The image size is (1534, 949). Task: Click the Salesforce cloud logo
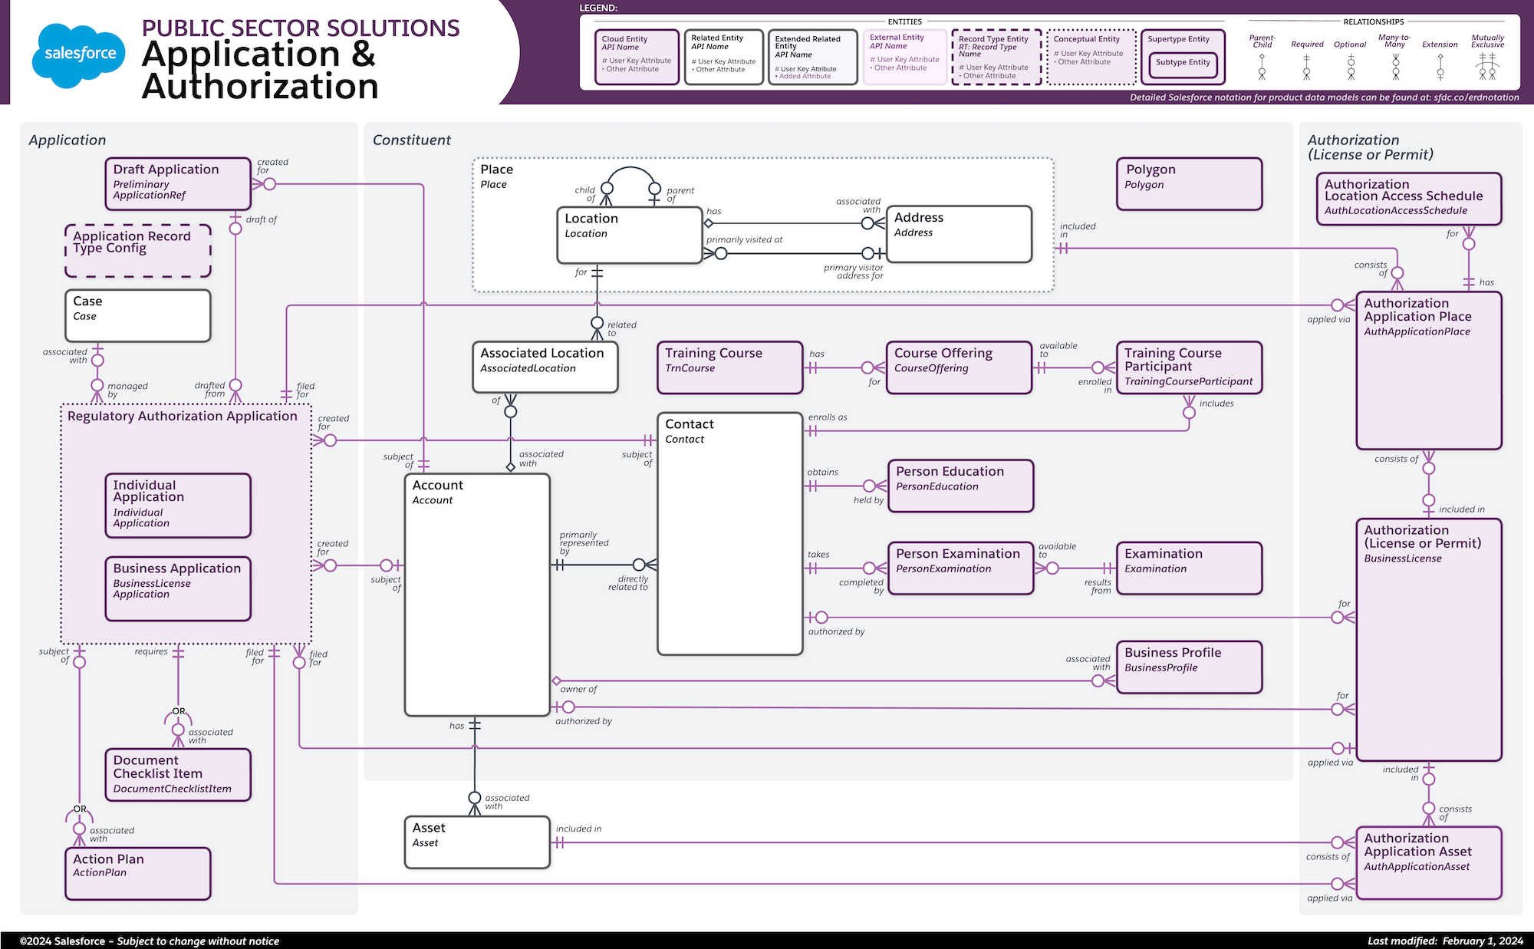click(x=79, y=54)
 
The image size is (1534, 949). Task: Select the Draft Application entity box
click(x=178, y=183)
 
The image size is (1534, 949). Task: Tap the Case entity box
click(x=137, y=315)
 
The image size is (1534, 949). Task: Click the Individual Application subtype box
click(x=178, y=505)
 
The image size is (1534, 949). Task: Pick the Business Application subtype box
click(x=178, y=588)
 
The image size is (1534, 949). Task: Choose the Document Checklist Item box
click(x=178, y=775)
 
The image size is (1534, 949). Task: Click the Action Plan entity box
click(x=137, y=873)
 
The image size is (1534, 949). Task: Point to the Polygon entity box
click(x=1189, y=183)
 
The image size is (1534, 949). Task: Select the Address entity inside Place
click(x=959, y=233)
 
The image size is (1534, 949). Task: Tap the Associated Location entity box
click(x=545, y=367)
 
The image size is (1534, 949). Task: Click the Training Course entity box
click(x=729, y=367)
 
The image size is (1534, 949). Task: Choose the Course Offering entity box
click(x=959, y=367)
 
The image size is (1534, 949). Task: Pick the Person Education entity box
click(x=960, y=485)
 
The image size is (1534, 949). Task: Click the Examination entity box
click(x=1189, y=568)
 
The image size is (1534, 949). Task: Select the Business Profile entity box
click(x=1189, y=667)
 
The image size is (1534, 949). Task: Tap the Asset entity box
click(x=477, y=842)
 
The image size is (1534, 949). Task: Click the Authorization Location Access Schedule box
click(x=1408, y=198)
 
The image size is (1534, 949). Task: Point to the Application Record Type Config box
click(x=137, y=250)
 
